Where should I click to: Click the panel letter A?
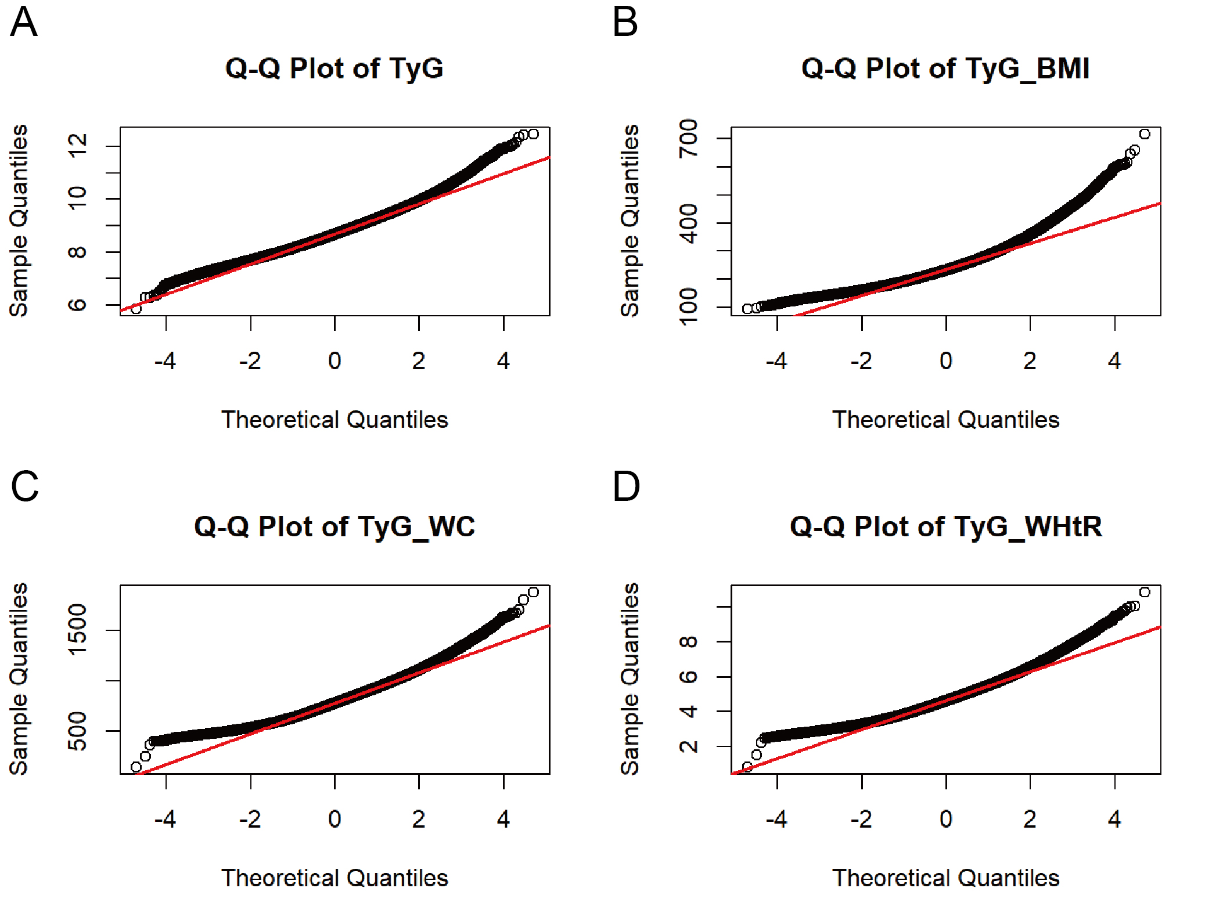coord(24,22)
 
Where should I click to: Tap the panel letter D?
coord(626,486)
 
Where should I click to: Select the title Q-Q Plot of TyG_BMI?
coord(945,69)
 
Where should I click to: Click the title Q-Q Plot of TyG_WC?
coord(334,527)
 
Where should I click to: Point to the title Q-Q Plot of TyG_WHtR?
coord(946,527)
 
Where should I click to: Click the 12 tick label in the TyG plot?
coord(77,146)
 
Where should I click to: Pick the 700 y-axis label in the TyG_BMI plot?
coord(689,138)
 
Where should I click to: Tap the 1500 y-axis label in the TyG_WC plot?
coord(77,630)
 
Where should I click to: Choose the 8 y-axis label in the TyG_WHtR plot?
coord(689,642)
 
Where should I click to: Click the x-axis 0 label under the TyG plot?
coord(334,361)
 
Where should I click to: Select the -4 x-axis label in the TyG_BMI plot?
coord(776,361)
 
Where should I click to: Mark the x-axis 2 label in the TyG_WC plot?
coord(419,819)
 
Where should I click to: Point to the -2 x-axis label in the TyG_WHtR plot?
coord(861,819)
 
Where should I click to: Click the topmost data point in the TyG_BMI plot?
coord(1145,134)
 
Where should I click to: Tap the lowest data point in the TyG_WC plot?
coord(136,767)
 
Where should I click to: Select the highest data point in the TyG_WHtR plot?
coord(1145,592)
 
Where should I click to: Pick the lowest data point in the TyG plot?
coord(136,309)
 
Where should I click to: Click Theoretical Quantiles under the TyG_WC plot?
coord(334,878)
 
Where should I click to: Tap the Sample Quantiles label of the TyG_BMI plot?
coord(630,221)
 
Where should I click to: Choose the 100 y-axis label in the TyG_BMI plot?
coord(689,306)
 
